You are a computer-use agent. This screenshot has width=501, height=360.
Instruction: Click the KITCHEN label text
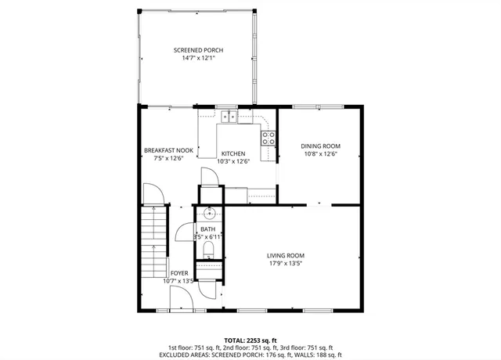232,153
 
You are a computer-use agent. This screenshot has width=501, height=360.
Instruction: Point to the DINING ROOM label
320,146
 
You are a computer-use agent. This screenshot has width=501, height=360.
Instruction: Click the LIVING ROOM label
286,256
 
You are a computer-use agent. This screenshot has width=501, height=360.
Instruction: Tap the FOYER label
178,273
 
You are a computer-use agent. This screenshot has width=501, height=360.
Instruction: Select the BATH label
207,229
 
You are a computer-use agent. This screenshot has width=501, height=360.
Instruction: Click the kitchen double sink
229,117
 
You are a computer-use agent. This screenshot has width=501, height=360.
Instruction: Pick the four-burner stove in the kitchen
269,138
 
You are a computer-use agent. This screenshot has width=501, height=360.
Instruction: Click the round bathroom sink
209,213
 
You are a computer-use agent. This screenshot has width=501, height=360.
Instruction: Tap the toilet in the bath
208,250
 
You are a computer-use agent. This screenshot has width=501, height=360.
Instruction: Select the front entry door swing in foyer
180,298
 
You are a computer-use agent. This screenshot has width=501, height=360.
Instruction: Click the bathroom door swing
185,232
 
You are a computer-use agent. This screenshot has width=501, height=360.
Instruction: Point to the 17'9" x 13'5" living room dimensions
286,264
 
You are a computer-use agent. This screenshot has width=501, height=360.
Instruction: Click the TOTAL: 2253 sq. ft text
250,340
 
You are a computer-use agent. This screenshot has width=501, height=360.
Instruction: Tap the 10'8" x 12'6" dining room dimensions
320,154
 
